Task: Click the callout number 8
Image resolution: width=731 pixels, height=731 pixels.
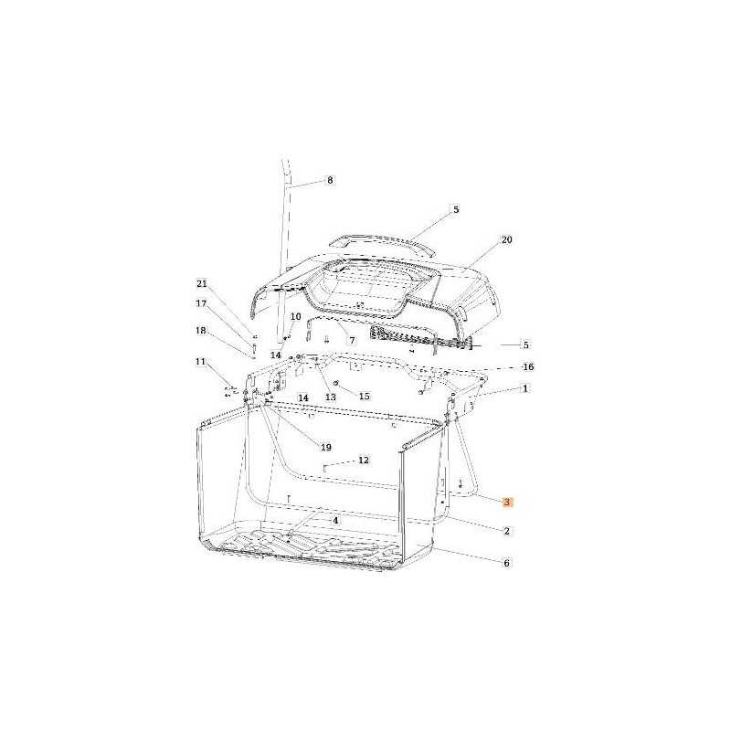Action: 330,180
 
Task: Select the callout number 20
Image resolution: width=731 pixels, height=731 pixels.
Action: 506,239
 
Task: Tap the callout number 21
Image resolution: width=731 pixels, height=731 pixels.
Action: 201,284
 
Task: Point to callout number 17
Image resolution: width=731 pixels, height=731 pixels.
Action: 201,303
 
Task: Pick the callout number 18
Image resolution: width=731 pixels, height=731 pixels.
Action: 201,331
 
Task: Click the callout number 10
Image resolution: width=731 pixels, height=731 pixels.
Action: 295,317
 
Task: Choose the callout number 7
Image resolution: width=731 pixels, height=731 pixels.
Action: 352,340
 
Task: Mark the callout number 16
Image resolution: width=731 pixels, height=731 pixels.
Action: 528,367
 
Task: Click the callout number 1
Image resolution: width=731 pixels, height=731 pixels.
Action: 525,388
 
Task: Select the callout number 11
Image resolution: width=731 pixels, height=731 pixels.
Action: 200,362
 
